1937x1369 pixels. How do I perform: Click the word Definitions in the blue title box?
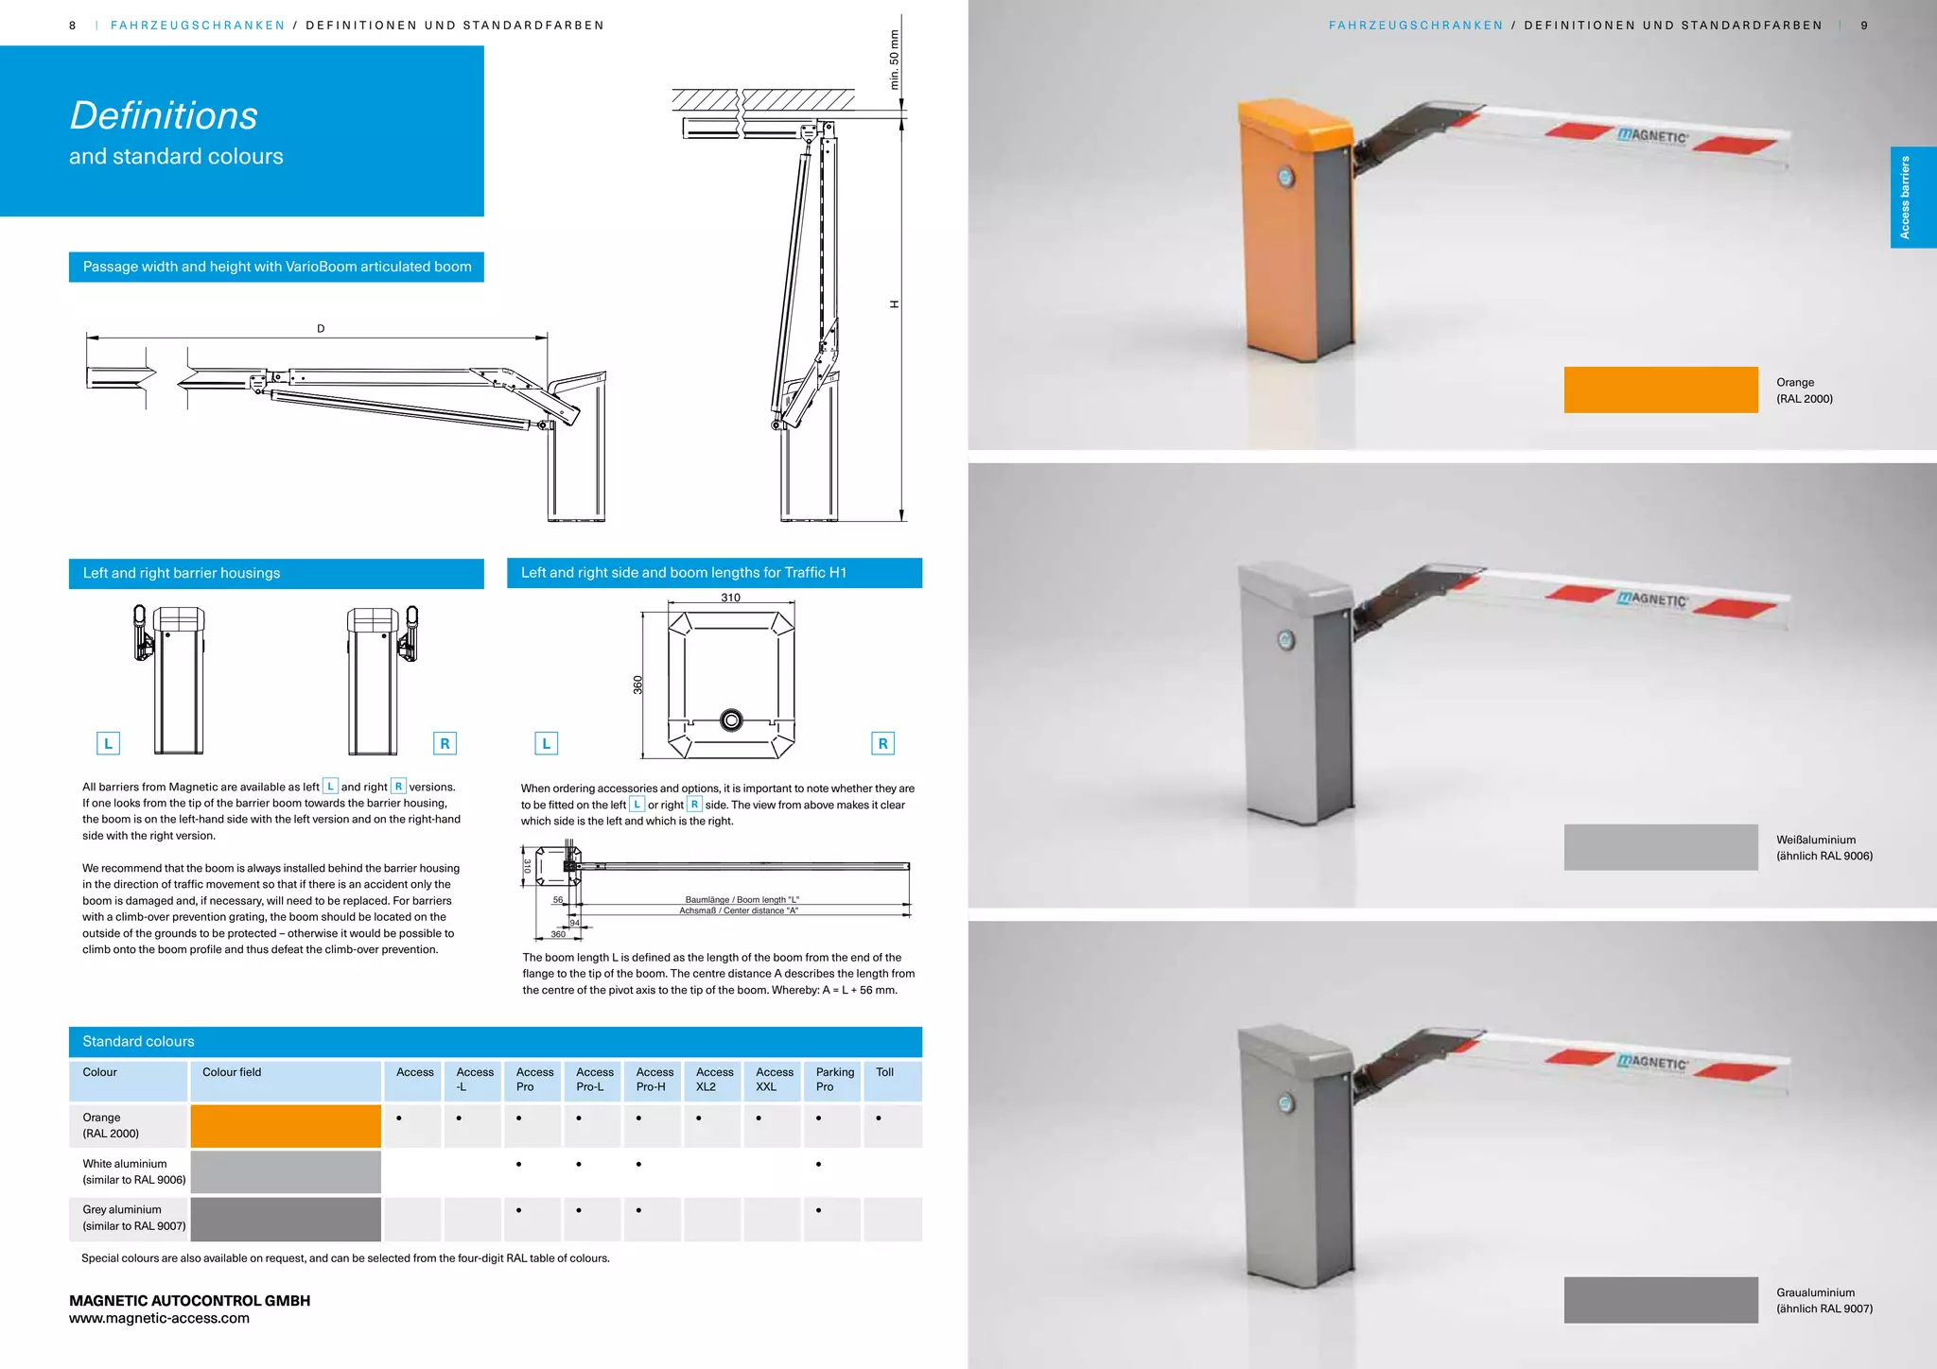point(164,116)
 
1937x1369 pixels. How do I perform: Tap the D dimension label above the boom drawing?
point(321,329)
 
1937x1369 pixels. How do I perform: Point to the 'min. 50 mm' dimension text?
point(894,60)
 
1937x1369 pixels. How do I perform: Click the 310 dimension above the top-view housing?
point(730,598)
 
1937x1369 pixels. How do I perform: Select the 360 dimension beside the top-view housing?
point(637,684)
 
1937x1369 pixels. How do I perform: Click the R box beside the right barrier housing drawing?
point(445,743)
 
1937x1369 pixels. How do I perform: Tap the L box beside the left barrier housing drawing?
point(108,743)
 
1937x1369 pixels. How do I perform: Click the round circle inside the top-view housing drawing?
point(731,720)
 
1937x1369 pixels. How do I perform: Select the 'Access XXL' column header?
point(774,1079)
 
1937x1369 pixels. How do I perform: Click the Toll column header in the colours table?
point(884,1072)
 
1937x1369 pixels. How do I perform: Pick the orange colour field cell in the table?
point(286,1126)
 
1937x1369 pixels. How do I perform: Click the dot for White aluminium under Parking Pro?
point(818,1164)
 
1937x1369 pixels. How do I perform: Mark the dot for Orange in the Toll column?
point(879,1118)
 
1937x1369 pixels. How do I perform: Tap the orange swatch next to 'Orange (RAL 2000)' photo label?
point(1660,390)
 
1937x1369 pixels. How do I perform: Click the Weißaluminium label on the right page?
point(1816,840)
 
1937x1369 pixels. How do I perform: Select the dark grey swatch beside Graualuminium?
point(1660,1300)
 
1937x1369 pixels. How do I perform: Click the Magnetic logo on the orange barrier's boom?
point(1652,136)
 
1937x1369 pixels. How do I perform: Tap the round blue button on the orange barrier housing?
point(1284,177)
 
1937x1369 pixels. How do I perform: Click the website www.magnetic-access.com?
point(159,1318)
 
